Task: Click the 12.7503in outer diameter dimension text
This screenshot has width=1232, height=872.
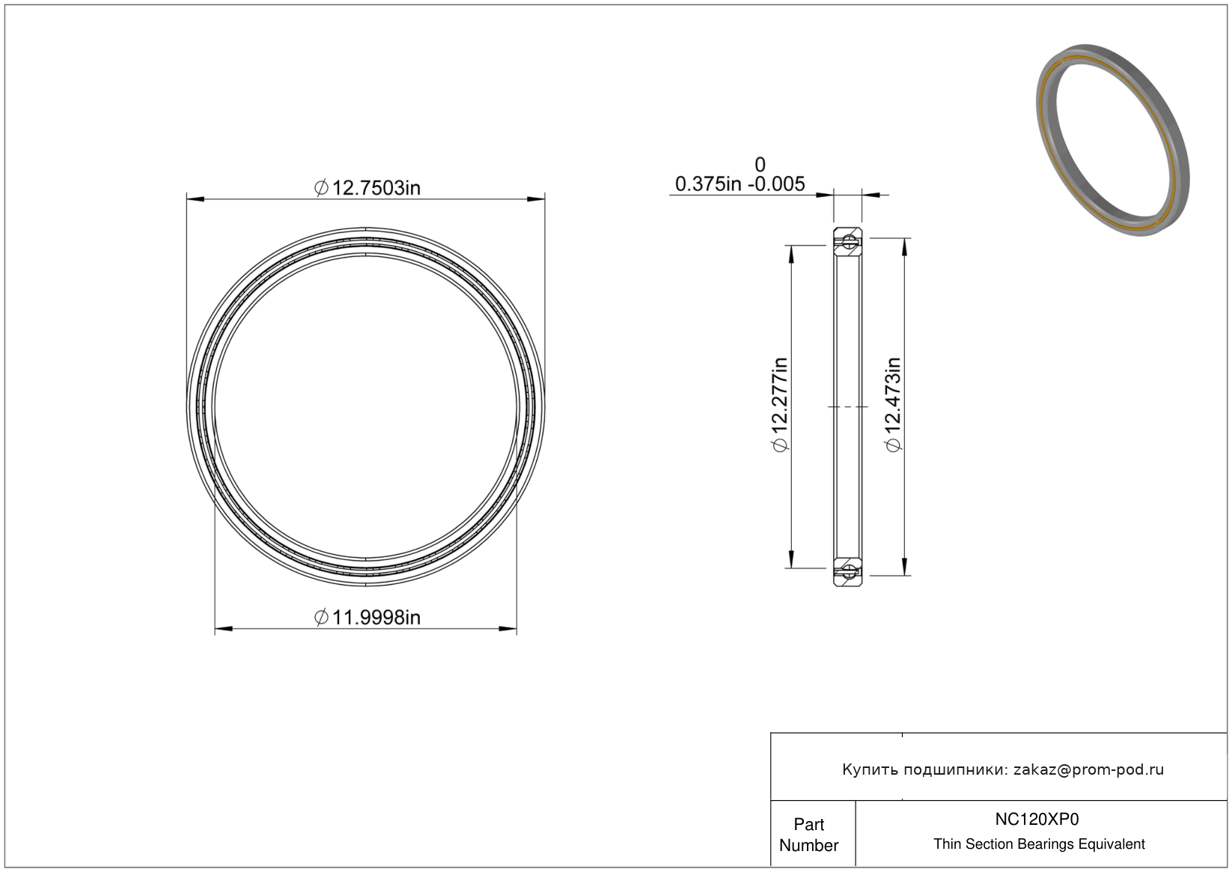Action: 368,188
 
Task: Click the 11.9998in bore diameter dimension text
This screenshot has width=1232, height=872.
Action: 368,618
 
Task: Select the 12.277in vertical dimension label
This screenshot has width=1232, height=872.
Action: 781,404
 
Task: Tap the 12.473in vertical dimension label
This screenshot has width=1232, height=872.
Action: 894,404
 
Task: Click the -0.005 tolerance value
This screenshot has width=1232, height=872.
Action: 776,183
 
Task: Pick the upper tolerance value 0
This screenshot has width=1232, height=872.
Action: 760,165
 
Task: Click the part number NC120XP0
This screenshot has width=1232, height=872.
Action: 1037,819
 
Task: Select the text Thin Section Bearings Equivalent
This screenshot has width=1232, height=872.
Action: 1039,844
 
